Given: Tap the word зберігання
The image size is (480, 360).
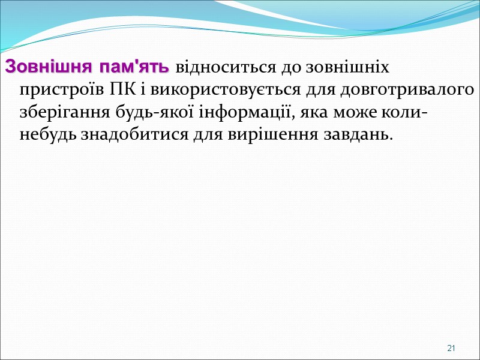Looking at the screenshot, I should pyautogui.click(x=56, y=112).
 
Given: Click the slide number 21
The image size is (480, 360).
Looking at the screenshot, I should pyautogui.click(x=452, y=349).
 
